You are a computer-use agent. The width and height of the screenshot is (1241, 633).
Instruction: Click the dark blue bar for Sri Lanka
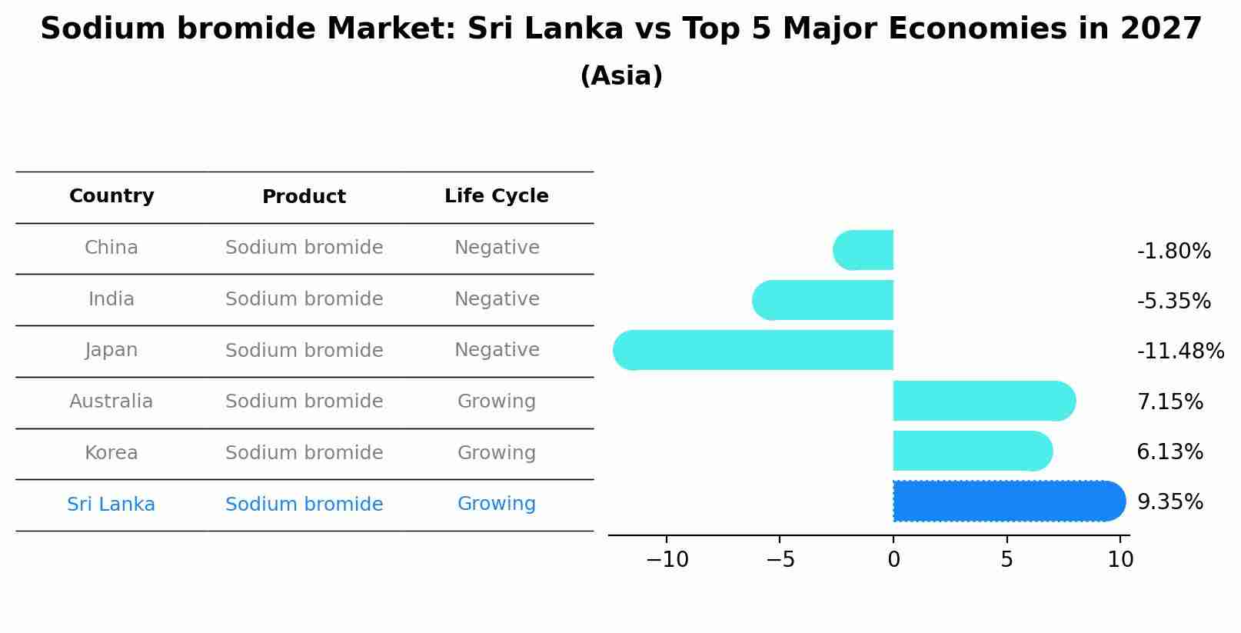1007,501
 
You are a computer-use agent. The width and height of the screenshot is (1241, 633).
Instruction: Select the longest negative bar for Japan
754,350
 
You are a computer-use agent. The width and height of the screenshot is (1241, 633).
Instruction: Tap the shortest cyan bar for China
865,250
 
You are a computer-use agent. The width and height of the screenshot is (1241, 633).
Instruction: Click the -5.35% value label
1173,302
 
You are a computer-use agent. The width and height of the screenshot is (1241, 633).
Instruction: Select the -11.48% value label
1179,351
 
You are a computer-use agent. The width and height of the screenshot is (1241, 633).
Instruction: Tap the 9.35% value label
1169,502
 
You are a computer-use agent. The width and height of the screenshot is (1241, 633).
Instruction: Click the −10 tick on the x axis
667,560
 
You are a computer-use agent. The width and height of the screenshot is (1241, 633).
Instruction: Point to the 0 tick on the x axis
893,560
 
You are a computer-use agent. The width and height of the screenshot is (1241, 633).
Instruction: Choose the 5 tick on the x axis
1006,560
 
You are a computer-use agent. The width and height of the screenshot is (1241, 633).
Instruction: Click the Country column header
111,196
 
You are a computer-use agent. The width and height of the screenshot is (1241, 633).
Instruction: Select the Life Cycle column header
496,196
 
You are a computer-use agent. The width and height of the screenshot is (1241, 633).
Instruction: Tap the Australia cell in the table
111,401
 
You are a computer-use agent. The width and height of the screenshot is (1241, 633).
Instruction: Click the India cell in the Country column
111,299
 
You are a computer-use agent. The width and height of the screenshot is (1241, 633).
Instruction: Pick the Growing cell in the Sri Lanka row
496,504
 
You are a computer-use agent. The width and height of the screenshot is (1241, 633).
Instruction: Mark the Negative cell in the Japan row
496,350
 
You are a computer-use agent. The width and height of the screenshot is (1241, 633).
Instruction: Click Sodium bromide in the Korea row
304,453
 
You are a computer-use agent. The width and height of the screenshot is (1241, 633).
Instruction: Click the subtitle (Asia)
620,76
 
